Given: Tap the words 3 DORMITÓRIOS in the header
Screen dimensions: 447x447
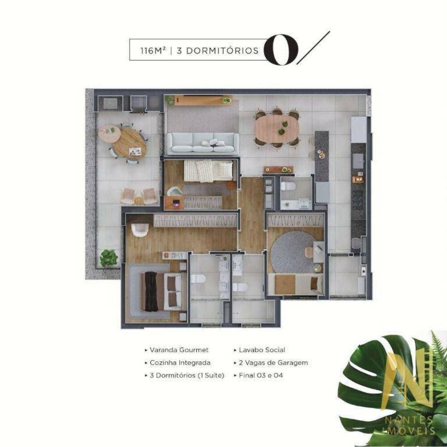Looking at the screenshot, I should (x=218, y=51).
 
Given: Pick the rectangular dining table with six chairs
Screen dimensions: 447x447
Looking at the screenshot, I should (x=277, y=128).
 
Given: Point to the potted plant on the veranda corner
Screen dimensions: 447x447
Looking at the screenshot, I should (x=109, y=258).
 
